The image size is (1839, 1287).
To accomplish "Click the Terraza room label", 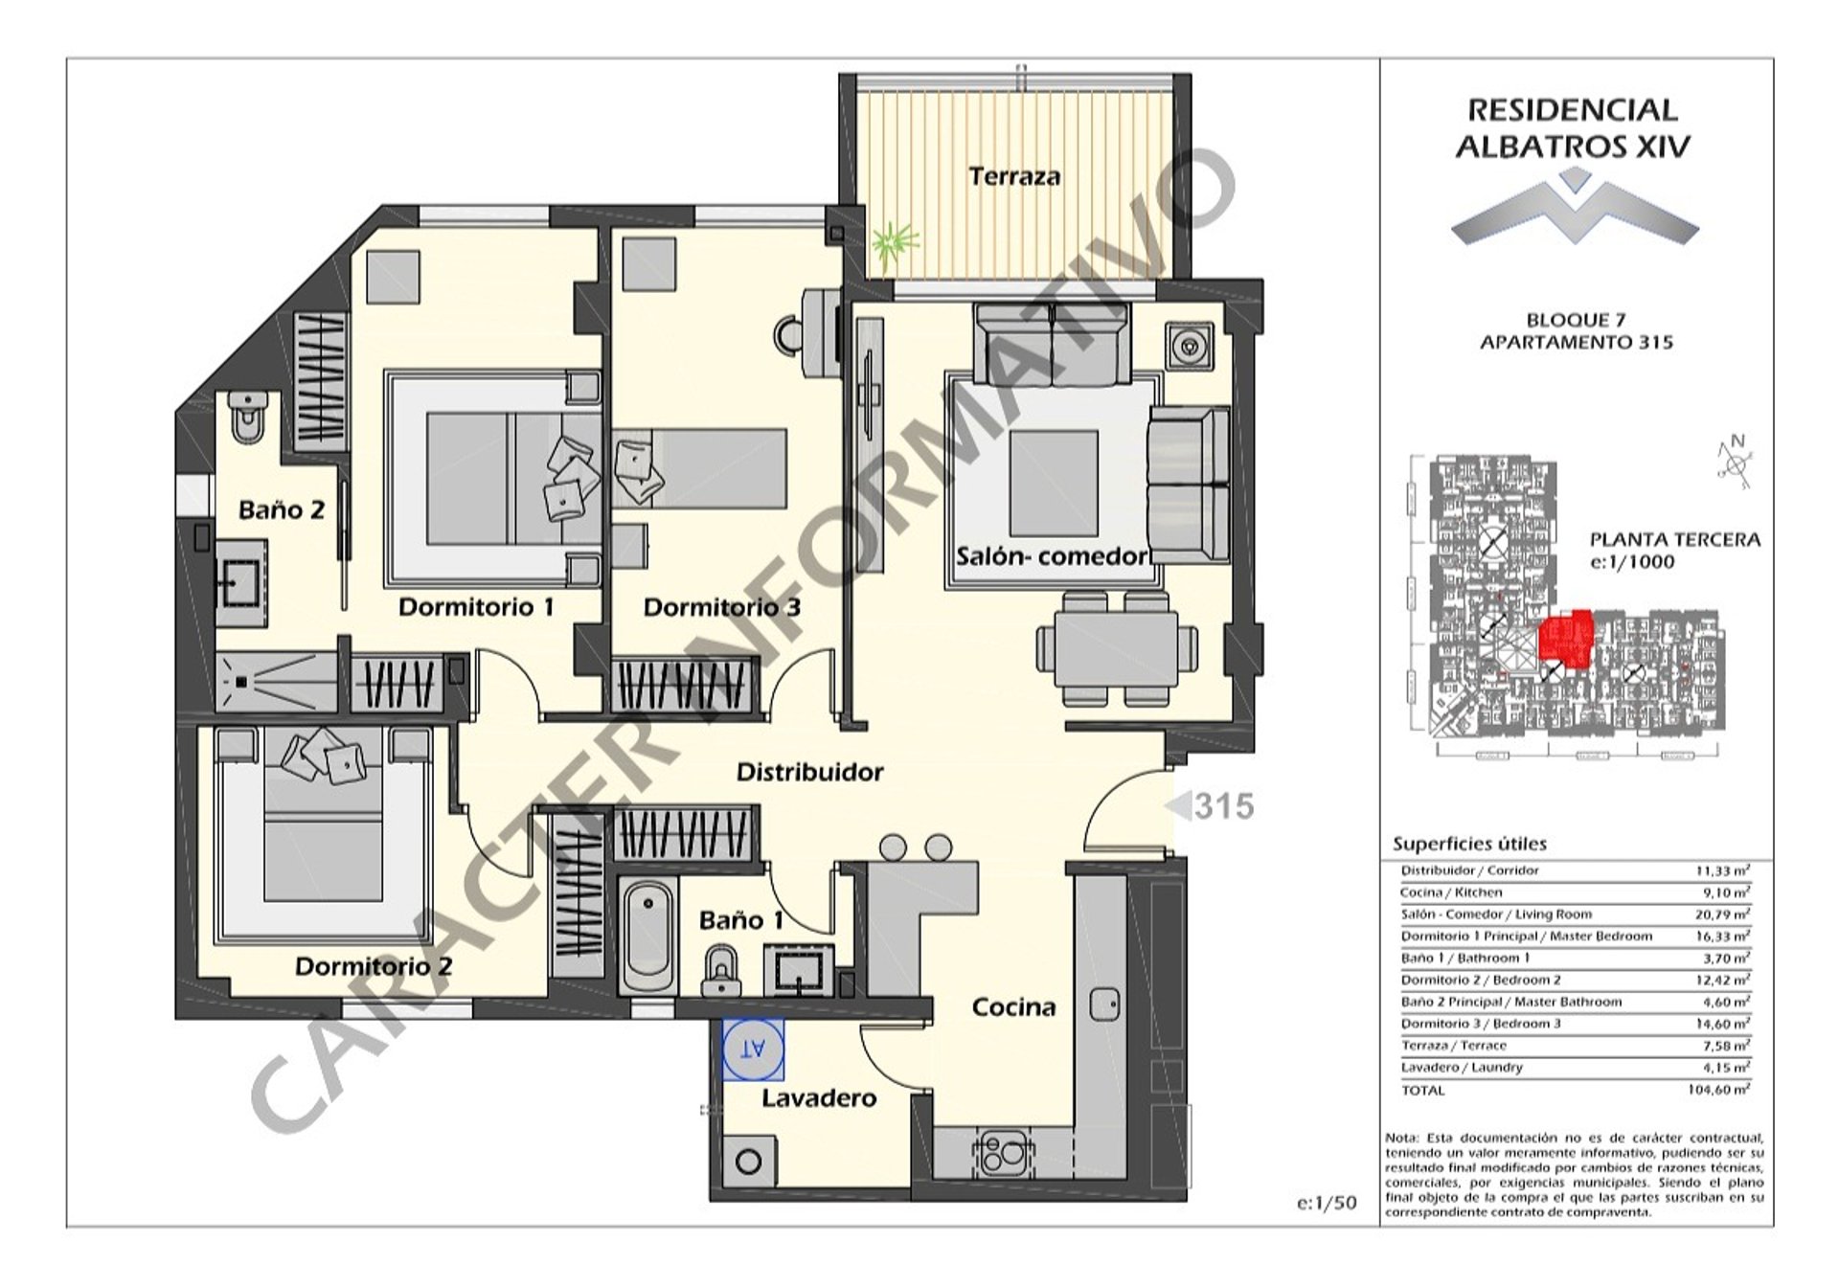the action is tap(1014, 176).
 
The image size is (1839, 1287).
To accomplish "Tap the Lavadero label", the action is tap(819, 1097).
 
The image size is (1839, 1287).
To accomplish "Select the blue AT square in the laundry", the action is tap(754, 1050).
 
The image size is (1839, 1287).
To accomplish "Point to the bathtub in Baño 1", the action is tap(647, 937).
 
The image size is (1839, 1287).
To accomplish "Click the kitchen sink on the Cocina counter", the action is tap(1105, 1004).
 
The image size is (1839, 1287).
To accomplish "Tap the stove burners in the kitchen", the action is tap(1002, 1151).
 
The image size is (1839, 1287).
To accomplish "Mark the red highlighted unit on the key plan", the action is tap(1565, 637).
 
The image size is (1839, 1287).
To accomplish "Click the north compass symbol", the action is tap(1735, 463).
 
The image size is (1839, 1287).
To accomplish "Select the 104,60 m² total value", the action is tap(1718, 1090).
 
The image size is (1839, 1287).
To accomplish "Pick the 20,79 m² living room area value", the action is tap(1722, 914).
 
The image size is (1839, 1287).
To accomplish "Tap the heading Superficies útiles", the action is tap(1469, 844).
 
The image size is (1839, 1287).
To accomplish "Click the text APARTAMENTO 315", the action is tap(1576, 342).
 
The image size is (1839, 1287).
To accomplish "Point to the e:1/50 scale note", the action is tap(1327, 1204).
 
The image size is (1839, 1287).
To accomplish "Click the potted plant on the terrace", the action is tap(895, 242).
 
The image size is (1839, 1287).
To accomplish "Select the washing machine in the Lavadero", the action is tap(749, 1162).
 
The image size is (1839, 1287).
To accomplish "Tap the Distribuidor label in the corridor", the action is tap(809, 772).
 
